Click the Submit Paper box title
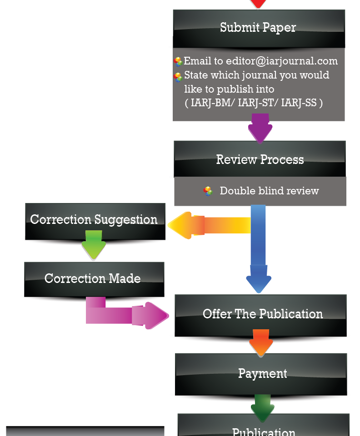pyautogui.click(x=258, y=27)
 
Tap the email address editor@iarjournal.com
pyautogui.click(x=282, y=61)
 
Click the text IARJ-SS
pyautogui.click(x=299, y=103)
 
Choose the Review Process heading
pyautogui.click(x=260, y=159)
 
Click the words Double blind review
pyautogui.click(x=269, y=191)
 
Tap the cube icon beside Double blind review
pyautogui.click(x=208, y=191)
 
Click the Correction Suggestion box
pyautogui.click(x=94, y=220)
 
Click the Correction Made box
pyautogui.click(x=93, y=278)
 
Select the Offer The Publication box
pyautogui.click(x=262, y=314)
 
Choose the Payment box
pyautogui.click(x=262, y=373)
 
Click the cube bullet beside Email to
pyautogui.click(x=178, y=62)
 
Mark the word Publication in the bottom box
pyautogui.click(x=263, y=431)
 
